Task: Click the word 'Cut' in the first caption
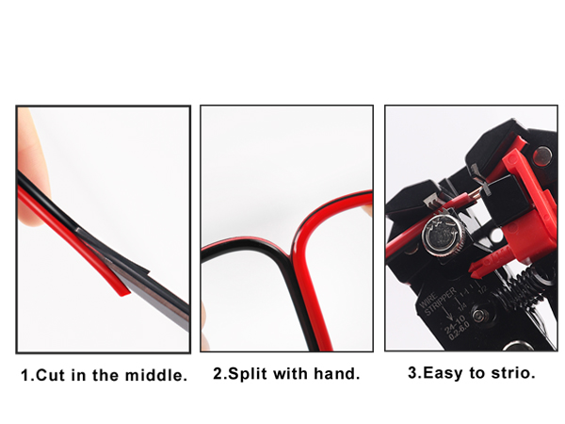pos(50,375)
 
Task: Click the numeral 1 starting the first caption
pos(25,375)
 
